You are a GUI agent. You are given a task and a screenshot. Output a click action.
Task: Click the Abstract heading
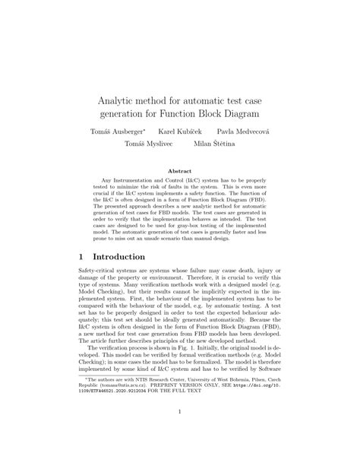point(179,172)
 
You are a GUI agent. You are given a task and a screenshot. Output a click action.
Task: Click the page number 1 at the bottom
point(180,434)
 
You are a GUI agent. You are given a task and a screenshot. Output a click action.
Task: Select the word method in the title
point(158,99)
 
